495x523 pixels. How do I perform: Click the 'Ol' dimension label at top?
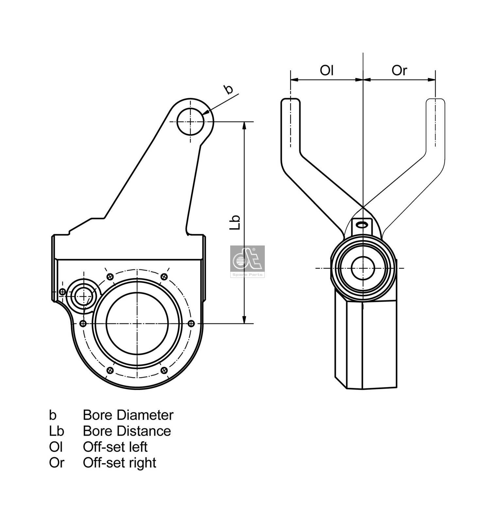[326, 70]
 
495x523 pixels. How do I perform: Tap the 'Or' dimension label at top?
[399, 70]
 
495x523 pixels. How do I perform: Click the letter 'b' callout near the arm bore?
[228, 89]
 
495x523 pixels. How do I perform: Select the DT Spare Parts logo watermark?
[247, 261]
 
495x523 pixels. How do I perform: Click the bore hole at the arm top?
[190, 122]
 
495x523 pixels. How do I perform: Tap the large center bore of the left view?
[137, 323]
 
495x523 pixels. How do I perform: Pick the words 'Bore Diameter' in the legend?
[128, 415]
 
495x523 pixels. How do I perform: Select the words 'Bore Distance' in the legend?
[127, 431]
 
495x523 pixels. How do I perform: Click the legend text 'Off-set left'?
[115, 447]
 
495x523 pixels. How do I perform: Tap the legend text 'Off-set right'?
[119, 463]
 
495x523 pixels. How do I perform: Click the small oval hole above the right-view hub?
[362, 225]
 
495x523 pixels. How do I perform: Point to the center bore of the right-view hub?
[363, 268]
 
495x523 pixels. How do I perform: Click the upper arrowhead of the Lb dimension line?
[244, 126]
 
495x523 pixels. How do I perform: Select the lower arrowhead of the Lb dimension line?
[244, 320]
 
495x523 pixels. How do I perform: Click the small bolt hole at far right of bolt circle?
[192, 324]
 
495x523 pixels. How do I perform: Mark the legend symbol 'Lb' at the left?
[57, 431]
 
